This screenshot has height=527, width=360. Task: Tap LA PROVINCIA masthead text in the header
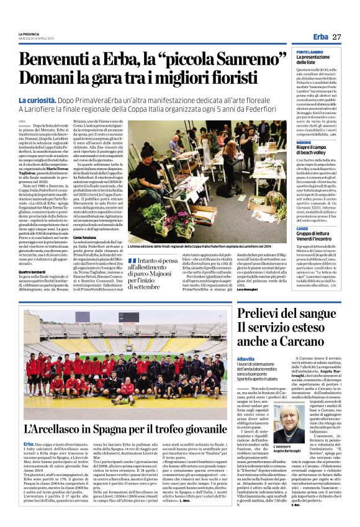tap(29, 34)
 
